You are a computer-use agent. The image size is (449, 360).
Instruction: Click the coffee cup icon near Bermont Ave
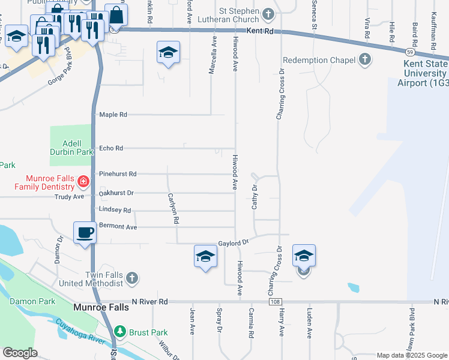(x=85, y=232)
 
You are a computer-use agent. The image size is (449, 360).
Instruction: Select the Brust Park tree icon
(x=120, y=331)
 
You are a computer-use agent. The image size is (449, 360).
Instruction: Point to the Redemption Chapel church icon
(x=364, y=59)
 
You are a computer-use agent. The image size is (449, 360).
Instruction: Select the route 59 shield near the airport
(x=408, y=52)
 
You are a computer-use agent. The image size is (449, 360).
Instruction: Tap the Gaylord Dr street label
(x=234, y=242)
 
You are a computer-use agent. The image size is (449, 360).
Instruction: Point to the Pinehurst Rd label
(x=118, y=174)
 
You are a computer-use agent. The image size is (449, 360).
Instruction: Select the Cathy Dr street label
(x=255, y=197)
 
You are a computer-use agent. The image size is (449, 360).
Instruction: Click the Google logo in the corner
(x=20, y=353)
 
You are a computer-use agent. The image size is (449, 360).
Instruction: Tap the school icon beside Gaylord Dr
(x=205, y=256)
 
